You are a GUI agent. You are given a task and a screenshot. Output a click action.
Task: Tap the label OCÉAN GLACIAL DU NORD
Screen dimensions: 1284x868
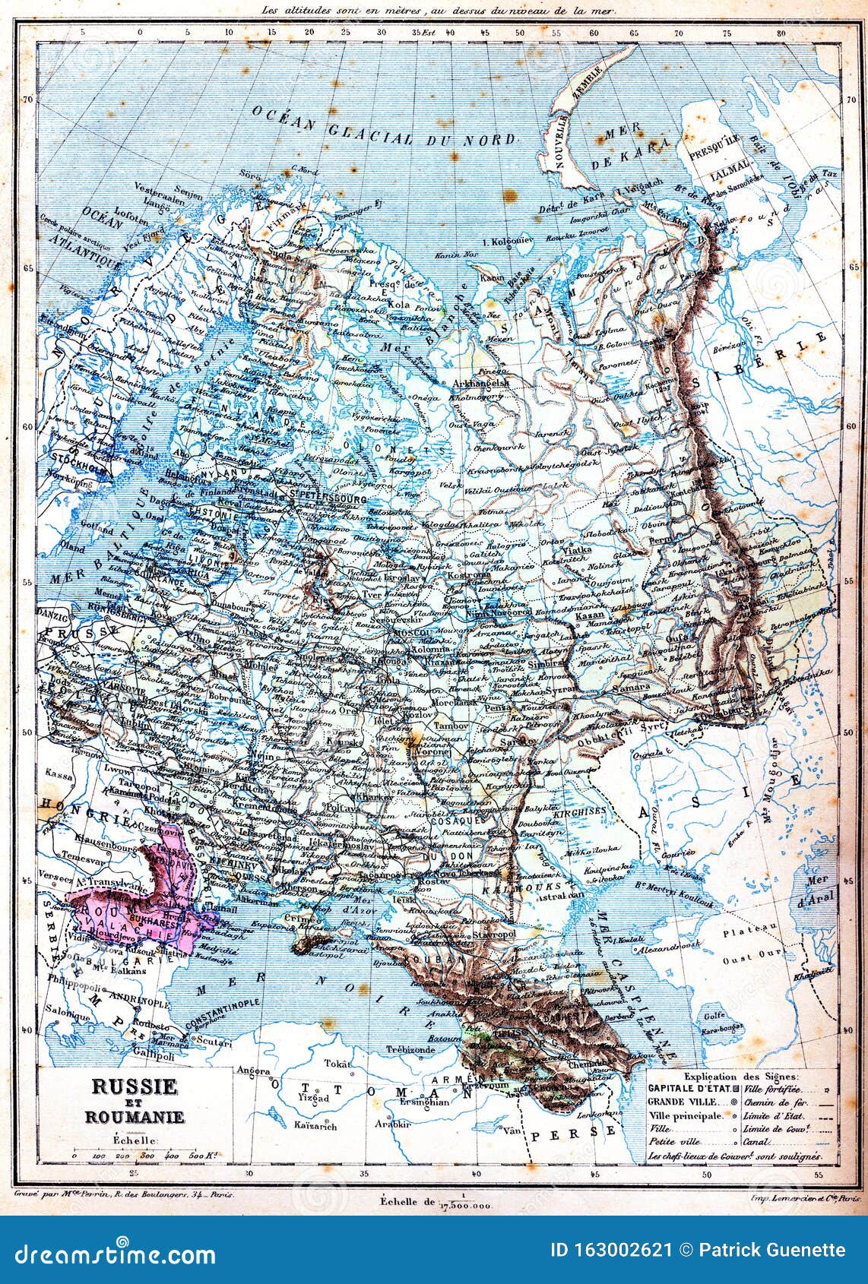point(383,128)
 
